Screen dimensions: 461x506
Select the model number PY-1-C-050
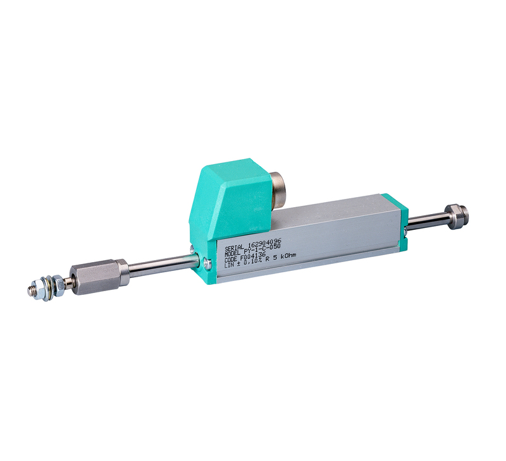point(261,248)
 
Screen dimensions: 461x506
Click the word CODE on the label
point(228,258)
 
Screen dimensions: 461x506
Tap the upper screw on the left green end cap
point(205,257)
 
